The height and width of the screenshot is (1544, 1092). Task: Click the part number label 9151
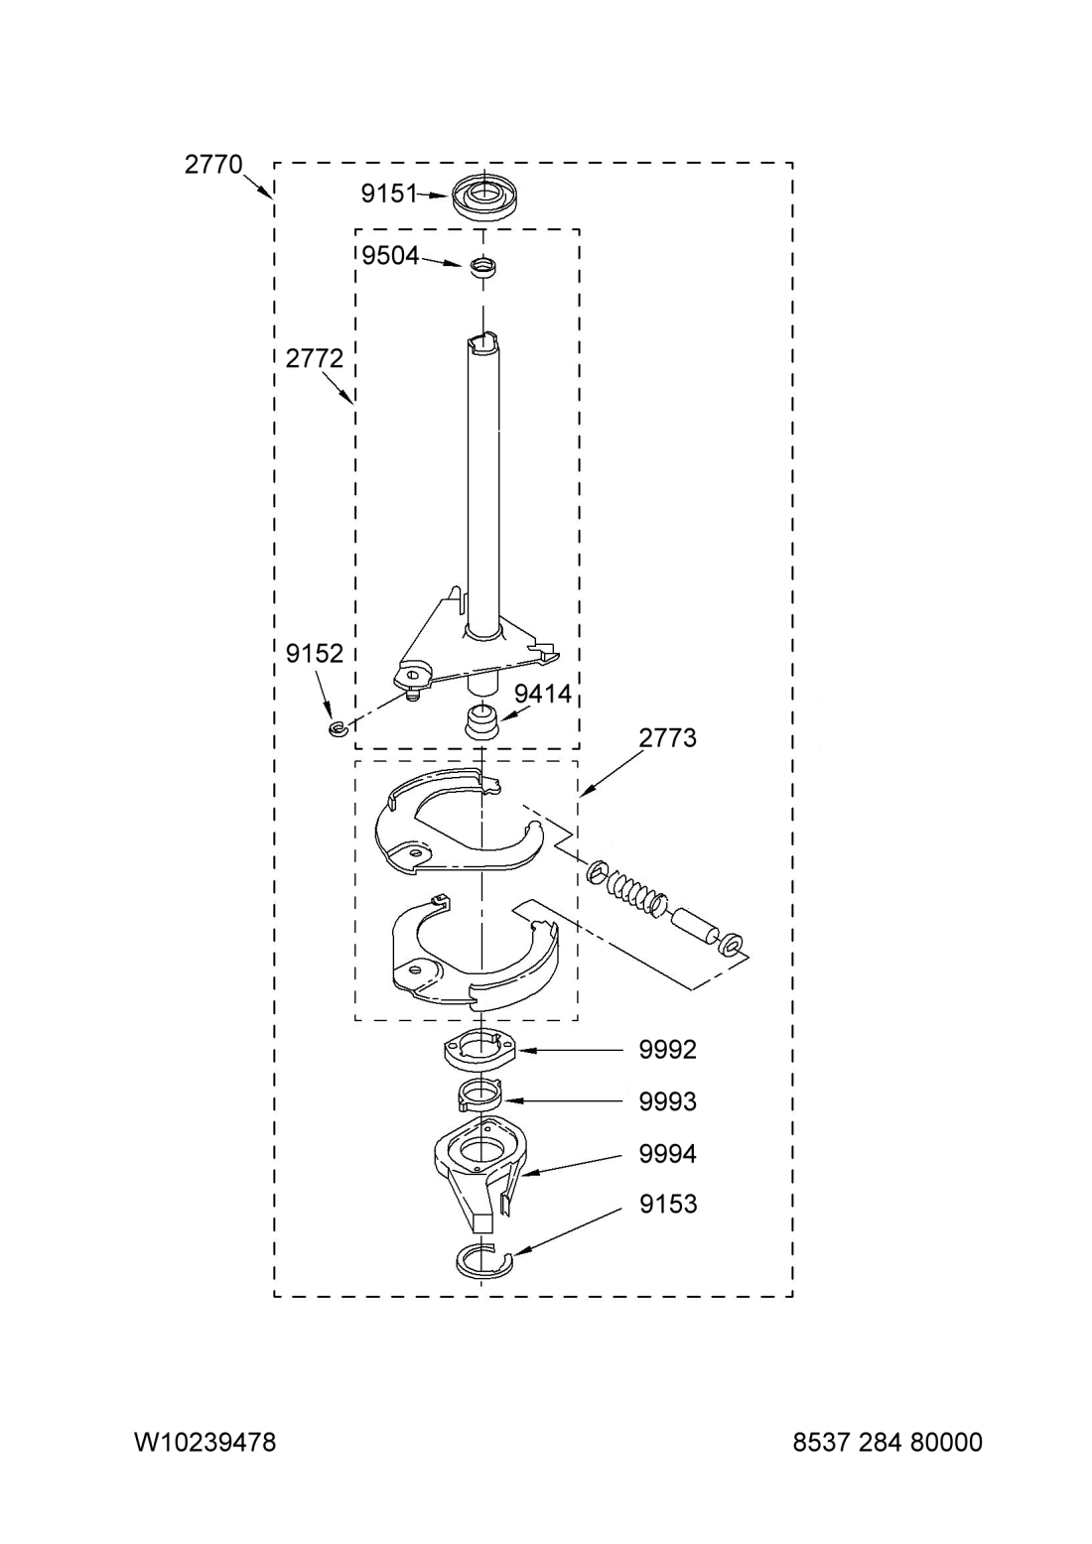click(x=389, y=194)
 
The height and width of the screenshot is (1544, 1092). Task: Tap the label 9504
click(x=390, y=256)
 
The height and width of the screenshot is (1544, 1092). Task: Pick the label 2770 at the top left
click(x=213, y=165)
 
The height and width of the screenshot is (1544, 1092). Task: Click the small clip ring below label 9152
click(x=338, y=728)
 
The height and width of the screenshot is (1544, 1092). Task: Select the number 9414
click(x=543, y=695)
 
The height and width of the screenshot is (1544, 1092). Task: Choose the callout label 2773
click(x=667, y=738)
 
